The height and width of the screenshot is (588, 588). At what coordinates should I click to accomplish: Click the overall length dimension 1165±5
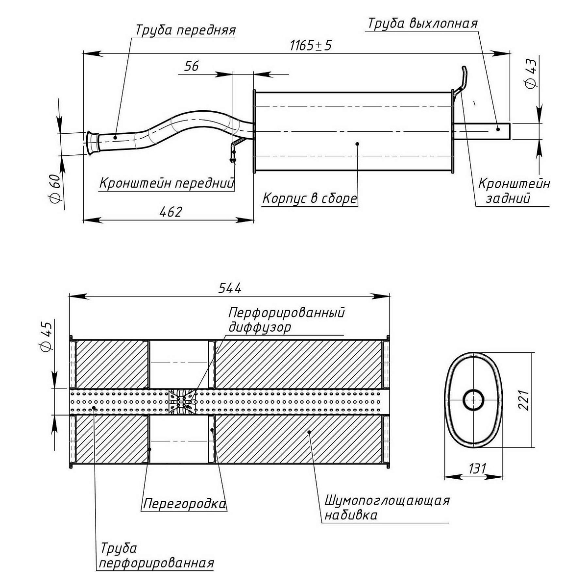311,46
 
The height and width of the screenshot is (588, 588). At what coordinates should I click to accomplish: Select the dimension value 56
192,66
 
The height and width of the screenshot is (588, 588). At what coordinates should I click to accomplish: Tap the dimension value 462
171,212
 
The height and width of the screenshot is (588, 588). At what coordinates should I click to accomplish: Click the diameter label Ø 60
55,188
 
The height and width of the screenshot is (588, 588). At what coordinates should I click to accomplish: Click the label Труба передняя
185,30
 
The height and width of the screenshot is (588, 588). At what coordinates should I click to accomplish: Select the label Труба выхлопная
422,24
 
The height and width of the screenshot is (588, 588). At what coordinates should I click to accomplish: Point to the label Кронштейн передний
167,184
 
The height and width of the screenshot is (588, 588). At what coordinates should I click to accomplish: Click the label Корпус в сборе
310,198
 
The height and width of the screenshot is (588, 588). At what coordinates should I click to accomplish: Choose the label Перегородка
184,503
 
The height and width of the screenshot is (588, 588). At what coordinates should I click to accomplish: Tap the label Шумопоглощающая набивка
386,508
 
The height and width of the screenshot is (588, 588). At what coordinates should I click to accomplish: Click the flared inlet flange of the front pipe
91,143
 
